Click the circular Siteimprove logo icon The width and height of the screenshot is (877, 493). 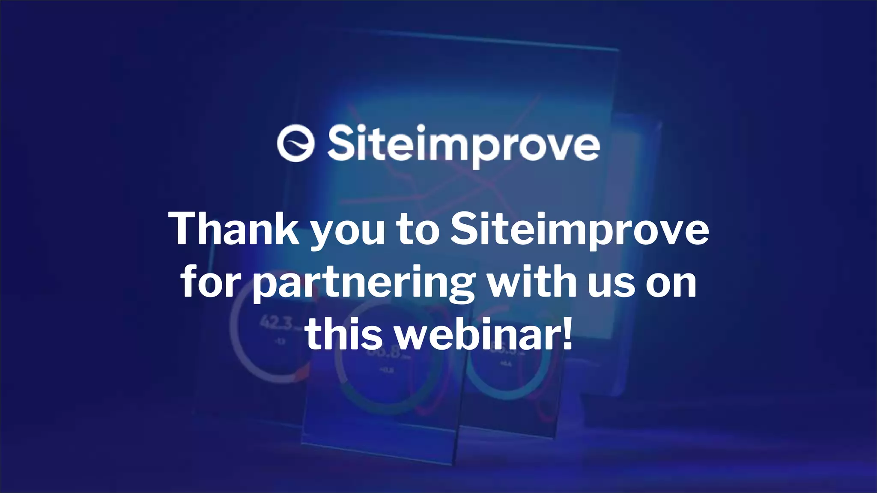(x=296, y=143)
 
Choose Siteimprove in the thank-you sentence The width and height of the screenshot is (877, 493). (x=580, y=230)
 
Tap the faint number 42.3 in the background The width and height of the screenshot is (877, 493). (x=277, y=323)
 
